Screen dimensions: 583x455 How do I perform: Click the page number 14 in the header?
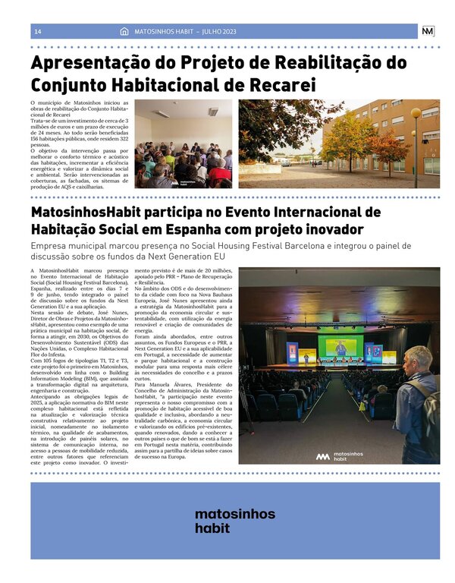pyautogui.click(x=38, y=31)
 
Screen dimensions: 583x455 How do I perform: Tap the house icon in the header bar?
pyautogui.click(x=124, y=31)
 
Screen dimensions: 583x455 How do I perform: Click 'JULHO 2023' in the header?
pyautogui.click(x=218, y=31)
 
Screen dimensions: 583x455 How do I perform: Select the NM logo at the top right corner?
pyautogui.click(x=428, y=31)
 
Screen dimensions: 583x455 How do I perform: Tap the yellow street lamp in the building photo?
pyautogui.click(x=416, y=115)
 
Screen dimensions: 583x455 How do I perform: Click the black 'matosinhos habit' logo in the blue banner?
pyautogui.click(x=234, y=521)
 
